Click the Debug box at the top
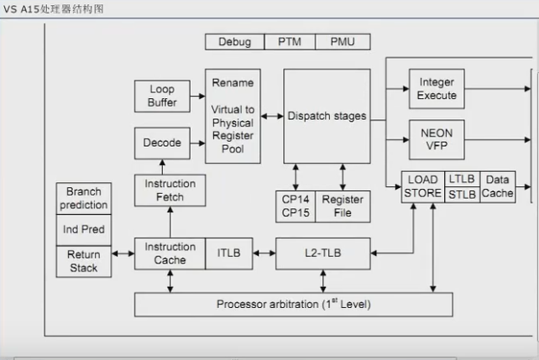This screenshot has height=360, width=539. coord(235,42)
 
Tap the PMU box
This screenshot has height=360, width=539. coord(342,42)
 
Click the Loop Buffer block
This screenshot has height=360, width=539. coord(162,97)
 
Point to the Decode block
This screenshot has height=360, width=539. coord(162,143)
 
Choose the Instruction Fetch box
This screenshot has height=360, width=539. coord(170,190)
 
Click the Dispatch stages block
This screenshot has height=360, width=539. coord(327,117)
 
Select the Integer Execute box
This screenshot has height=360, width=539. coord(437,89)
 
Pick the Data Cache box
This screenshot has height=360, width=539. coord(497,187)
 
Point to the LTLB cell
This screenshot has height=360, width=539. coord(462,180)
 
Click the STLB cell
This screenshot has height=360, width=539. coord(462,196)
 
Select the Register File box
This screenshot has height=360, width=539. coord(343,207)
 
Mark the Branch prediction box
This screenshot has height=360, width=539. coord(83,198)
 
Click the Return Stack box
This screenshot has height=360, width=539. coord(83,261)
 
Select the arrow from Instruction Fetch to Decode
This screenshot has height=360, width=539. coord(170,167)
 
